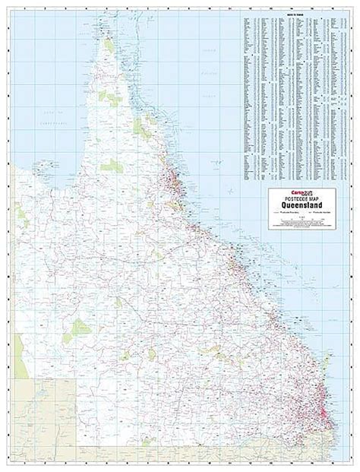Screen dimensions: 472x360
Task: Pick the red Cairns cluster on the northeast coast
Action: [x=174, y=182]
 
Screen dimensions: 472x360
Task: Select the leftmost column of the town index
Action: [x=247, y=99]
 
